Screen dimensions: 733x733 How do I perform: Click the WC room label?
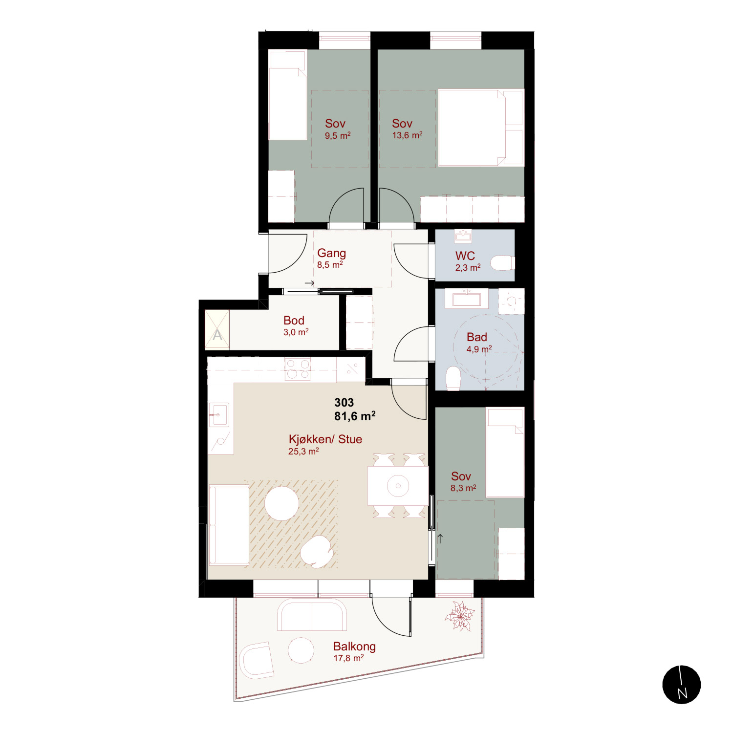coord(465,256)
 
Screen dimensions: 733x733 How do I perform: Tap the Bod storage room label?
coord(294,320)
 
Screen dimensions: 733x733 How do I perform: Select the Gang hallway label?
coord(331,253)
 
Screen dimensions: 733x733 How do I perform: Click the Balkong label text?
coord(354,647)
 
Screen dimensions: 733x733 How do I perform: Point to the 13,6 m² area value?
coord(407,135)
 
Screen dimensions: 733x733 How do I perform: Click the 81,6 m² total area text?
coord(355,416)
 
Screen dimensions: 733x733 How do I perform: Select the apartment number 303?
coord(344,403)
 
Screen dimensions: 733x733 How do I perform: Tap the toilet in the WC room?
coord(502,263)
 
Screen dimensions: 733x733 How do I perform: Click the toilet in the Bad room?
coord(453,378)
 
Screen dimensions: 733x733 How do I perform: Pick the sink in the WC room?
coord(463,236)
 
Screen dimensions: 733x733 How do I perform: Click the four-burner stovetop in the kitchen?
coord(298,369)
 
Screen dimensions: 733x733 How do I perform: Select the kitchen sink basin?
coord(219,414)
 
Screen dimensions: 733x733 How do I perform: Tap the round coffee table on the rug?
coord(282,503)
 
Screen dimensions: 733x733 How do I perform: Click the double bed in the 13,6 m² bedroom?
coord(481,128)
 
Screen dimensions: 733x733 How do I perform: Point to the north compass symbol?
coord(682,685)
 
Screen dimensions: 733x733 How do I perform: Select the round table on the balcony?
coord(301,650)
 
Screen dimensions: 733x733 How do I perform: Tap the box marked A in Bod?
coord(217,330)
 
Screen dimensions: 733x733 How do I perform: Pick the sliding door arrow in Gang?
coord(309,283)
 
